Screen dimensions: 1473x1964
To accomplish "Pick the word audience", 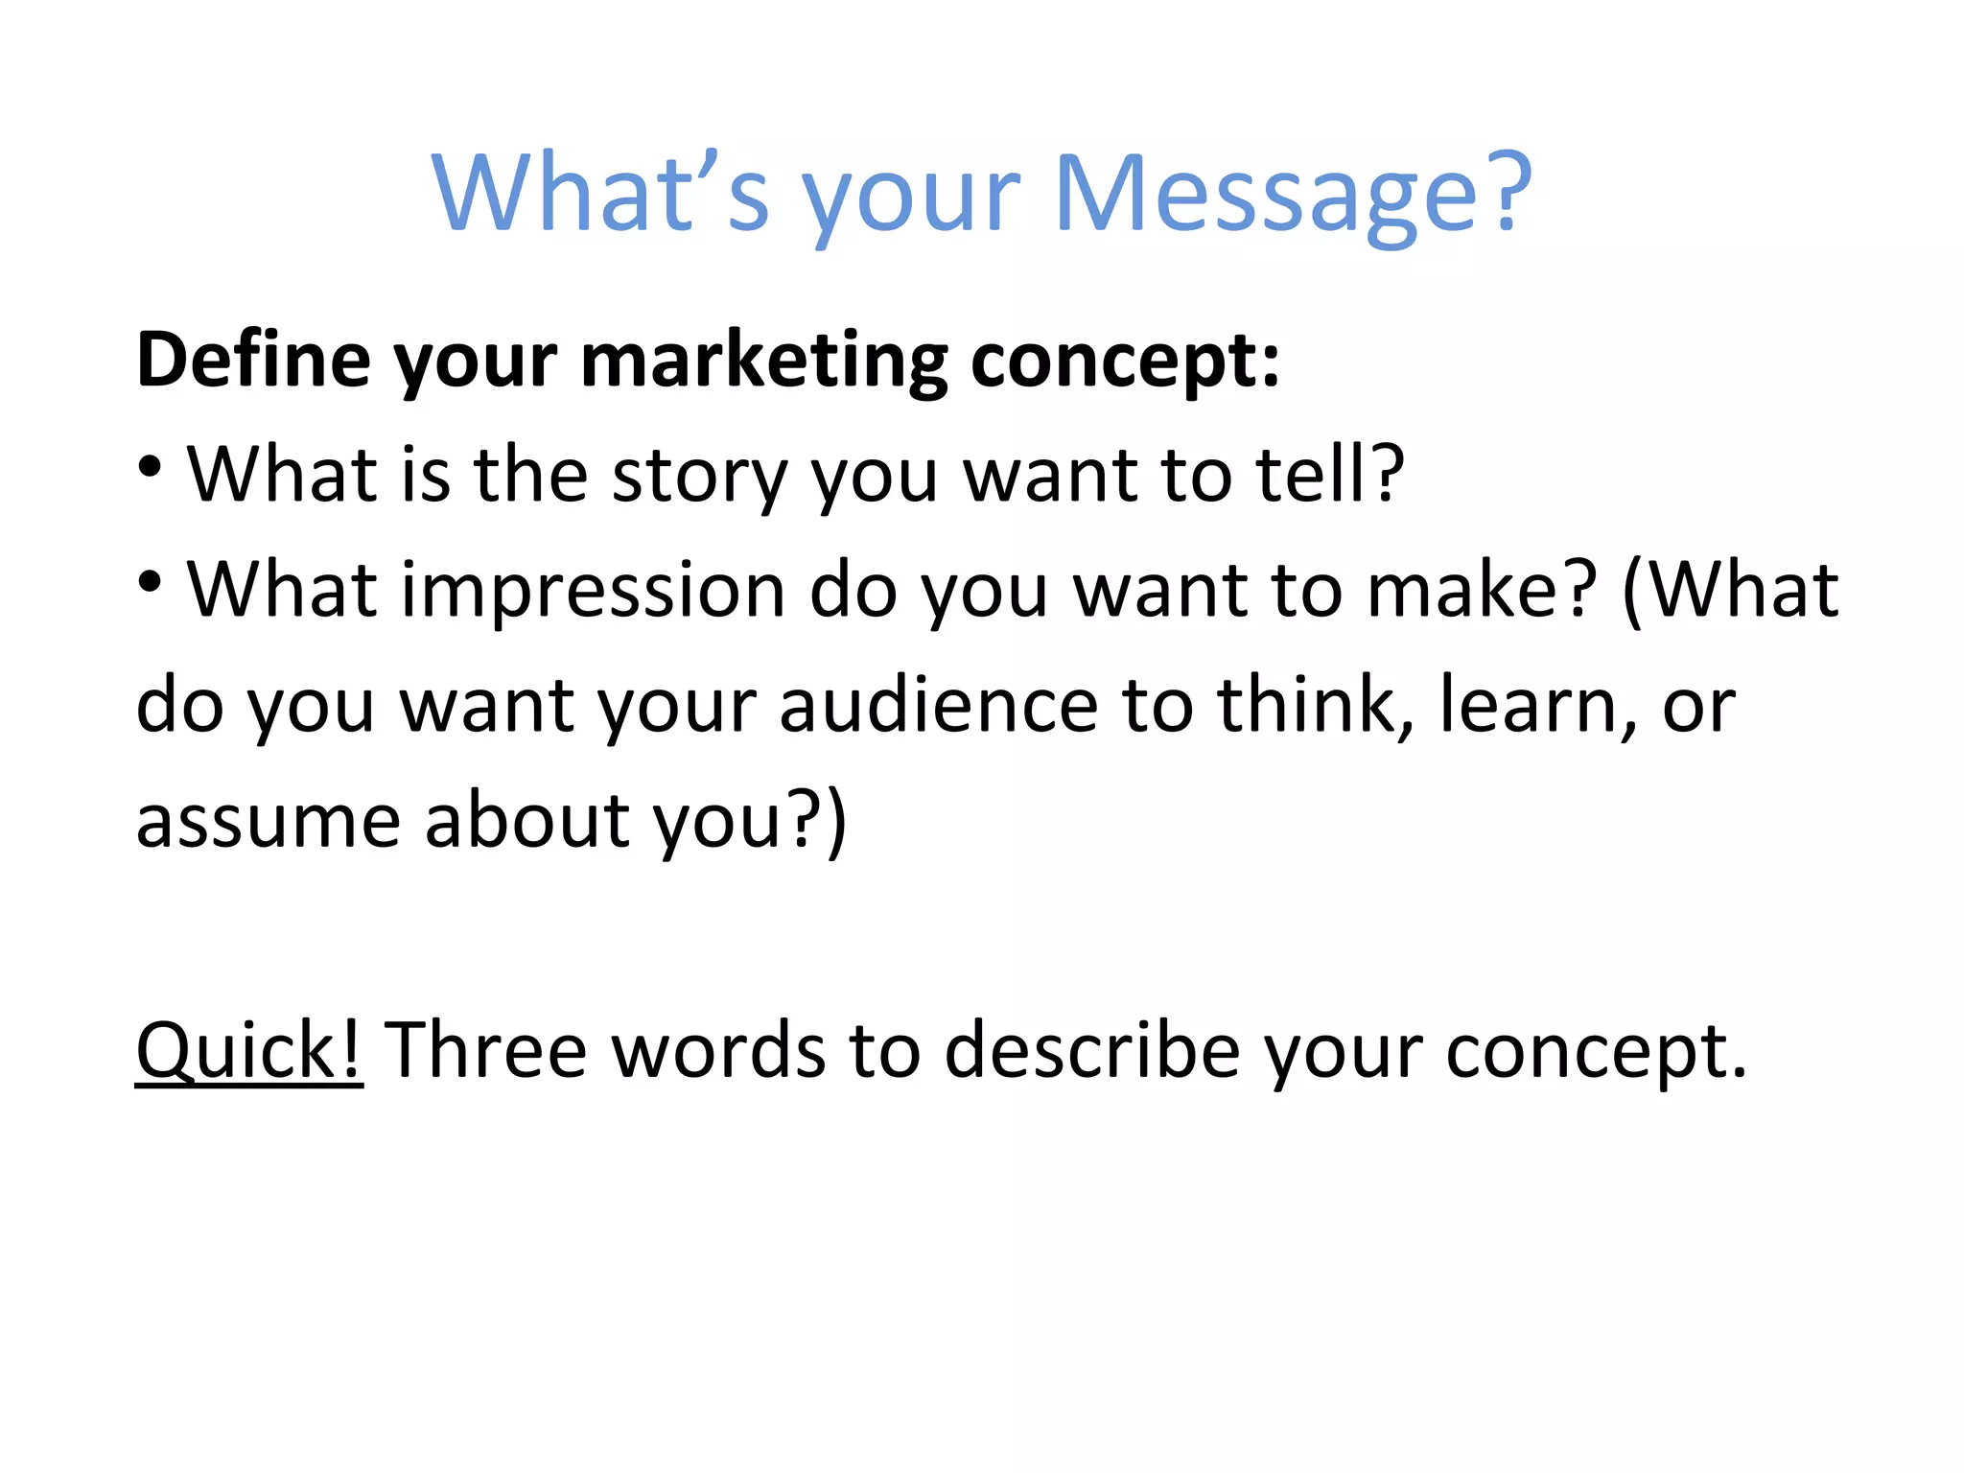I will coord(938,706).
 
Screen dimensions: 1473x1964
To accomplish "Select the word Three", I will coord(485,1050).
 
